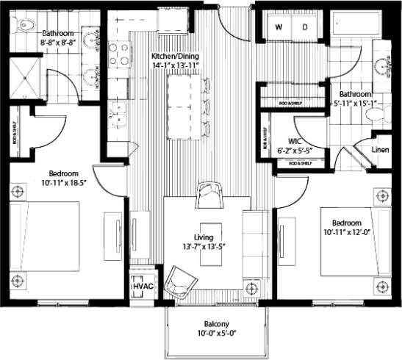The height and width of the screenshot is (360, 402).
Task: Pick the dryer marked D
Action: click(305, 27)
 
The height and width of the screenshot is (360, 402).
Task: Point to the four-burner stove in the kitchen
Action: click(119, 54)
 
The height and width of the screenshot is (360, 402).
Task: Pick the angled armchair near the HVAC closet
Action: click(179, 281)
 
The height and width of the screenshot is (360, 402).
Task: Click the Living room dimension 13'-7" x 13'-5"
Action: click(207, 246)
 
